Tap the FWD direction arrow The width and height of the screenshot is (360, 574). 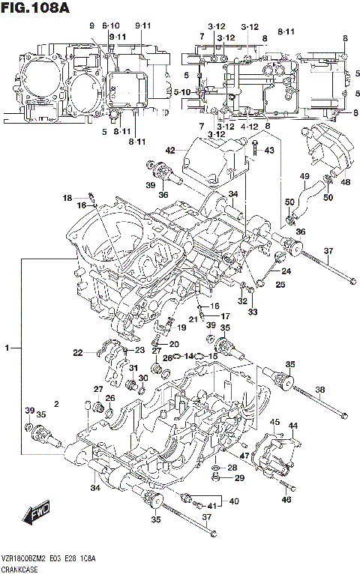click(35, 514)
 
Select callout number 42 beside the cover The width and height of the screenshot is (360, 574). click(170, 151)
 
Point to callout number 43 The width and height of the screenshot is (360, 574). click(269, 151)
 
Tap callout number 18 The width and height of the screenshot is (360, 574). click(67, 199)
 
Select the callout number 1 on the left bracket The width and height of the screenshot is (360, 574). click(7, 349)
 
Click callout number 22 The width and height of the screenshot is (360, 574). click(78, 353)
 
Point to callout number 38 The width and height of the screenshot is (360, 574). click(319, 389)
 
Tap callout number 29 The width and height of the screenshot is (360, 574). click(239, 478)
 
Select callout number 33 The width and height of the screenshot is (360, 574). click(253, 312)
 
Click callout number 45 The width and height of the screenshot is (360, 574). click(275, 423)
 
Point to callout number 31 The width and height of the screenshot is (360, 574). click(132, 367)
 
